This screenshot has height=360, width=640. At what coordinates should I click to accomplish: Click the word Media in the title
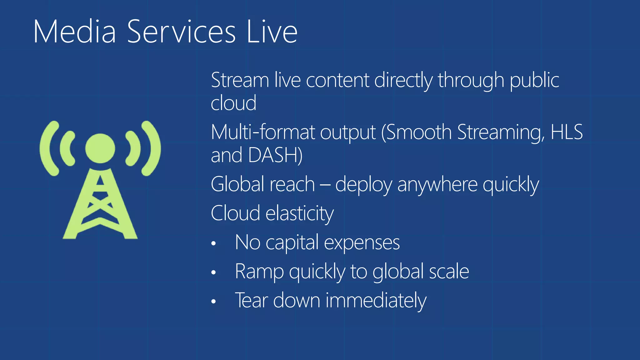coord(74,31)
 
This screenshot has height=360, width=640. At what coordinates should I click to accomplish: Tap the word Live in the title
coord(272,31)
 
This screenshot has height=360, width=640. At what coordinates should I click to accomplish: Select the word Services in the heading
coord(181,31)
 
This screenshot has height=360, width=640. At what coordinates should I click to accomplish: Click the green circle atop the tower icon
coord(100,148)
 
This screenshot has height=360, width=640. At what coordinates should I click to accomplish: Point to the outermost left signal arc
coord(47,148)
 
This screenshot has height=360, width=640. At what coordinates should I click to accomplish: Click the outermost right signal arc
coord(153,148)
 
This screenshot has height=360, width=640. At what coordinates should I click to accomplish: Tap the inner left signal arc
coord(66,148)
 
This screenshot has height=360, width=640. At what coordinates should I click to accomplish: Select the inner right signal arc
coord(134,148)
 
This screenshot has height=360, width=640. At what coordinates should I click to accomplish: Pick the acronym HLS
coord(566,132)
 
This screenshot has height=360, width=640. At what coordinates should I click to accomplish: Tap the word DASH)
coord(275,155)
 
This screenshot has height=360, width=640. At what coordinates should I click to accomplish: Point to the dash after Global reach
coord(325,185)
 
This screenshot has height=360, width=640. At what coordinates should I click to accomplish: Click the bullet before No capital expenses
coord(213,243)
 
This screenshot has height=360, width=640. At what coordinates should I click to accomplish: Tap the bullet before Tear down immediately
coord(213,301)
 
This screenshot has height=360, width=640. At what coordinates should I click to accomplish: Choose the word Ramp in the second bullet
coord(259,272)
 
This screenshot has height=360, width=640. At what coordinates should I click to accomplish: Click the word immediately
coord(376,300)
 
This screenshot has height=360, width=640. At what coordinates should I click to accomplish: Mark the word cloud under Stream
coord(233,103)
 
